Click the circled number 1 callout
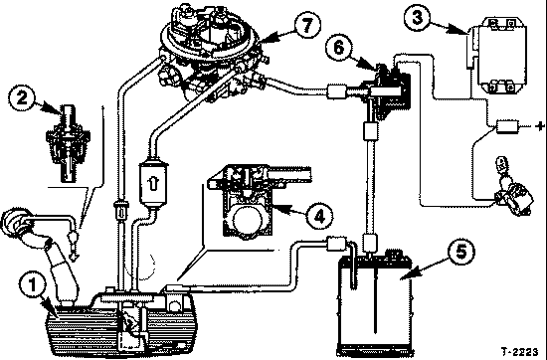[33, 284]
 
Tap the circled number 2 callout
[22, 97]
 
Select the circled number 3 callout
[418, 18]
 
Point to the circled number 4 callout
[319, 216]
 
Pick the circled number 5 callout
[461, 252]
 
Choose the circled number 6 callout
[339, 47]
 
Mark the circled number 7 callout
[307, 25]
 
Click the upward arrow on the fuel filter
[152, 183]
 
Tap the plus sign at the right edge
[539, 126]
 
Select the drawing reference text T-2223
[519, 351]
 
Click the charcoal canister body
[375, 303]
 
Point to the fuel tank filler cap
[15, 220]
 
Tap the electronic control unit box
[500, 55]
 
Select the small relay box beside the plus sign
[507, 126]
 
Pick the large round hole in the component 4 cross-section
[248, 220]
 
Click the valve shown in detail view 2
[68, 143]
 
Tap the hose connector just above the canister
[370, 243]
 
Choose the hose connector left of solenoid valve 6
[336, 91]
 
